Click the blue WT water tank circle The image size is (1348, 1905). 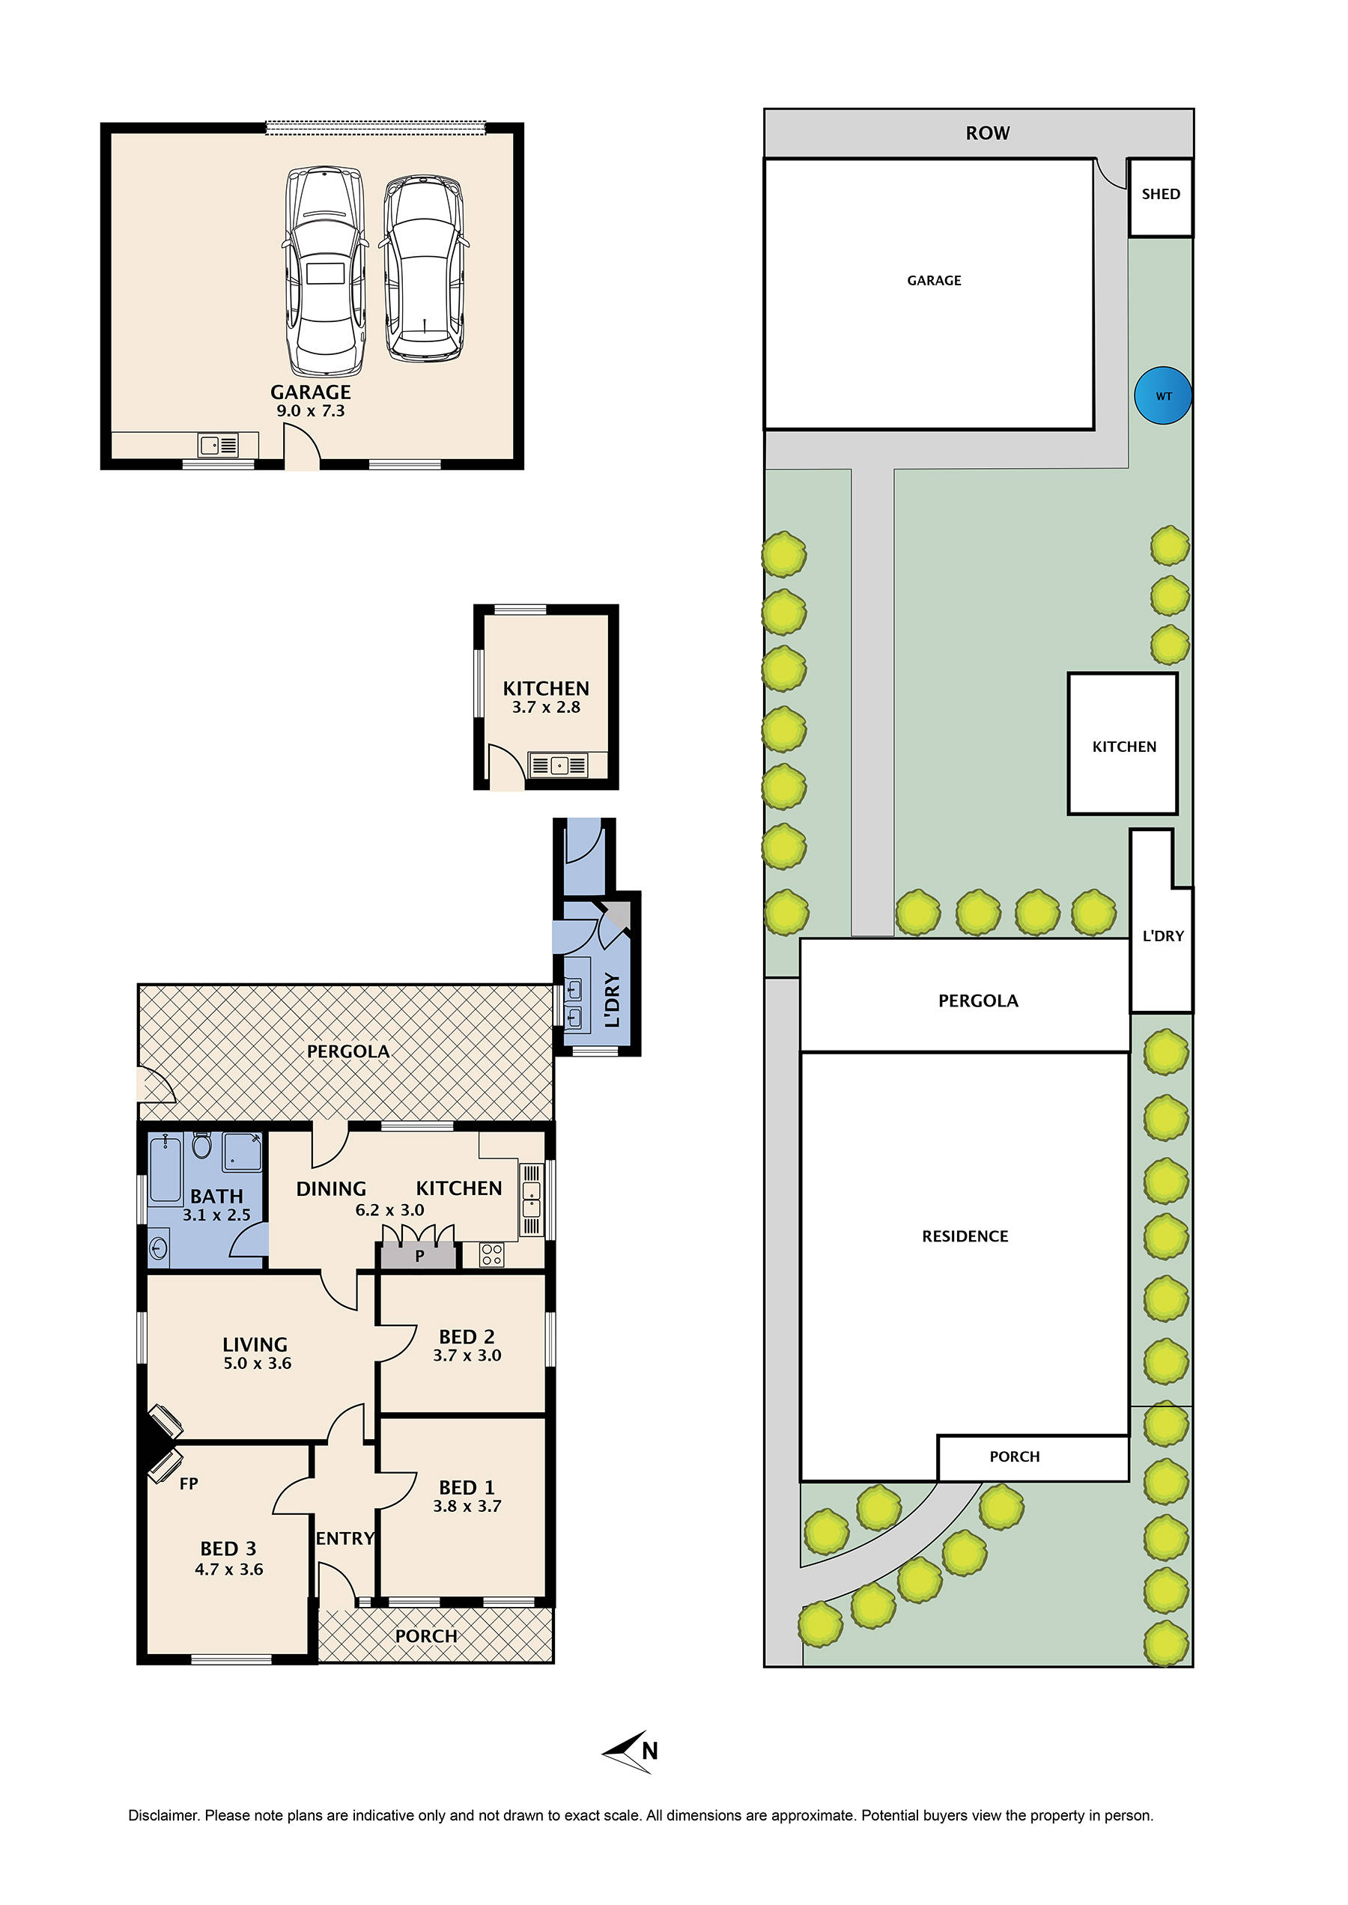click(1163, 396)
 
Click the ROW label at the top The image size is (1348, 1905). click(987, 133)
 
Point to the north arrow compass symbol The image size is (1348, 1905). click(631, 1751)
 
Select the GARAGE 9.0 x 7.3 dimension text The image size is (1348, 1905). click(311, 411)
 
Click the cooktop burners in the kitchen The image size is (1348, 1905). click(491, 1254)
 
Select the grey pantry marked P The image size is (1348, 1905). click(419, 1256)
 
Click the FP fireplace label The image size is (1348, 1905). click(189, 1483)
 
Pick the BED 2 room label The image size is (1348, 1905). click(467, 1337)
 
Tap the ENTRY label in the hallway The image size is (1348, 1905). click(345, 1538)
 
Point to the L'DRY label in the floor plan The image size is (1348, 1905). click(613, 1000)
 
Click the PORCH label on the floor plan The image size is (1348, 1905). click(426, 1635)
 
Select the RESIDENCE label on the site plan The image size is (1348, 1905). click(965, 1236)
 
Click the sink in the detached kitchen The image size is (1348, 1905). click(559, 765)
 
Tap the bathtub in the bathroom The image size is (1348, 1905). click(166, 1170)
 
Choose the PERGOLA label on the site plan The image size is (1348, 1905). click(978, 1001)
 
